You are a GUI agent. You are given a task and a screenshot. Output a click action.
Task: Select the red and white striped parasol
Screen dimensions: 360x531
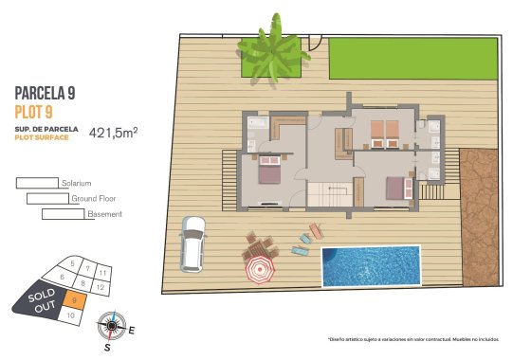coord(258,272)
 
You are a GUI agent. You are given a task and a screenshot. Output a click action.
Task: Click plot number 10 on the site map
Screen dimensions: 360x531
coord(70,315)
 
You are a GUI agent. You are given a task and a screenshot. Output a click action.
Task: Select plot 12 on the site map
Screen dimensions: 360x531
coord(100,285)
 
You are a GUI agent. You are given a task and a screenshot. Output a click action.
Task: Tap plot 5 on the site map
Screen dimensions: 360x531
coord(72,264)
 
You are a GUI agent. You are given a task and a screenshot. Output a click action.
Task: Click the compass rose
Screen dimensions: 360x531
coord(111,325)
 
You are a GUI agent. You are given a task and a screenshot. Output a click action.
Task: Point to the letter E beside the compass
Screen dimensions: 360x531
coord(132,331)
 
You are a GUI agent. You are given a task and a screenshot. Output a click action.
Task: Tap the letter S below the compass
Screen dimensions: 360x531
coord(107,348)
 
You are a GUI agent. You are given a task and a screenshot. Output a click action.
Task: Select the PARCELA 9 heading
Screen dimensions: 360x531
coord(45,93)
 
